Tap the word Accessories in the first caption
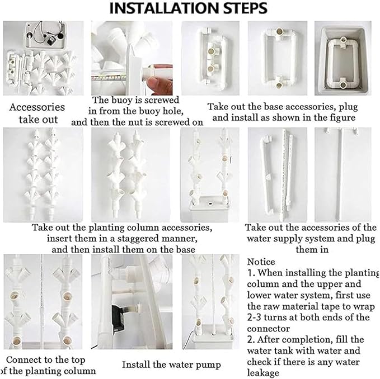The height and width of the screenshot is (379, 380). coord(37,107)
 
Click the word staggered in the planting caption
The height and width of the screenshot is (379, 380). coord(139,239)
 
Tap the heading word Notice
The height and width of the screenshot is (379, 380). coord(261,262)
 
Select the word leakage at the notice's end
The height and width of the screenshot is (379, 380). coord(263,373)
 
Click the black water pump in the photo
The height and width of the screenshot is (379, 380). coord(118,319)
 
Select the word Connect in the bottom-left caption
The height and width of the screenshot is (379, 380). coord(21,360)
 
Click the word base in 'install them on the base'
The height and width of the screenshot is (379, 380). coord(185,250)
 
